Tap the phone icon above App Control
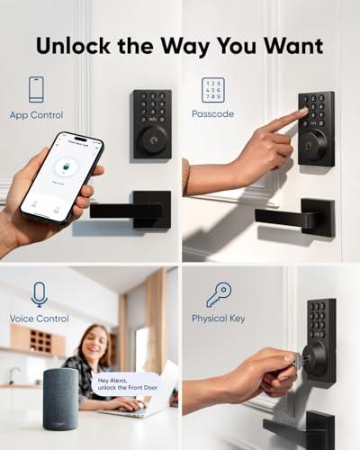pos(36,88)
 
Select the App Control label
pos(36,115)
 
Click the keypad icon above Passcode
pos(213,91)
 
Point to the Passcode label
pos(213,114)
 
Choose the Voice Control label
pos(40,319)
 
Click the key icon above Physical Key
pos(219,293)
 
